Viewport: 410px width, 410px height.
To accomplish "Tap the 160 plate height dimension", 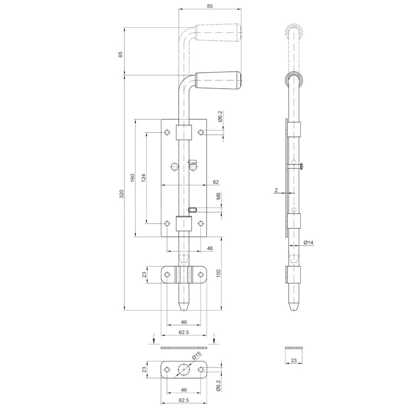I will pos(132,178).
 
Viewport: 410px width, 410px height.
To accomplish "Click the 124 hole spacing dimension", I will pos(144,178).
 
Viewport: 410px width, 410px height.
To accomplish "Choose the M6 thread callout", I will pos(218,196).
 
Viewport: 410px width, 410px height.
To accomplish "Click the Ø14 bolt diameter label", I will pos(308,242).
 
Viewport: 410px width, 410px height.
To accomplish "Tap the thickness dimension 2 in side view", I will pos(276,190).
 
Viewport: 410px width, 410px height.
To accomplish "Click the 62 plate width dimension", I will pos(216,181).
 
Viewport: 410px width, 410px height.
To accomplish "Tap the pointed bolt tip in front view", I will pos(184,307).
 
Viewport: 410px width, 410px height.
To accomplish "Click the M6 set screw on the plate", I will pos(193,209).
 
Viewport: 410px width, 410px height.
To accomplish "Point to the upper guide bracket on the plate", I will pos(184,132).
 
